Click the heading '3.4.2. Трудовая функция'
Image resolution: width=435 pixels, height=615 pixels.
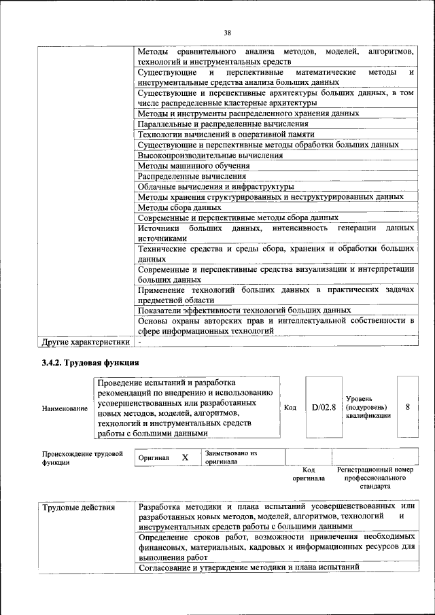(x=90, y=363)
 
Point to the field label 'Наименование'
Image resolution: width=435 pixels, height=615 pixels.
(x=65, y=408)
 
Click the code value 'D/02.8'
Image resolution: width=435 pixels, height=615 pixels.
(x=324, y=407)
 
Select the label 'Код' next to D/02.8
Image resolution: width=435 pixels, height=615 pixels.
(x=290, y=408)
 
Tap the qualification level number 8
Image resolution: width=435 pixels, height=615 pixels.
(x=407, y=407)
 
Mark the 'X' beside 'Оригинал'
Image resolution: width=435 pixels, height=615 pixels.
(x=185, y=458)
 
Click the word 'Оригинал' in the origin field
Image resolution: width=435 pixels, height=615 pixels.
(x=154, y=458)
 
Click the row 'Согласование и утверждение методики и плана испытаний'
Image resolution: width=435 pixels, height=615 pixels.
(x=248, y=567)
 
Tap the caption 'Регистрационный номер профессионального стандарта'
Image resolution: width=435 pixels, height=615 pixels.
(x=375, y=478)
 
